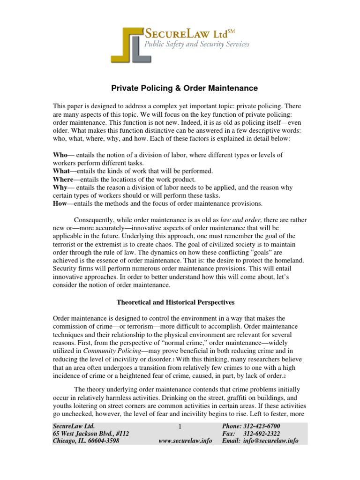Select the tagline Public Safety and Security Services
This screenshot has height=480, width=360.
[x=196, y=45]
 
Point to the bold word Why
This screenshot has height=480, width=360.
[x=60, y=187]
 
